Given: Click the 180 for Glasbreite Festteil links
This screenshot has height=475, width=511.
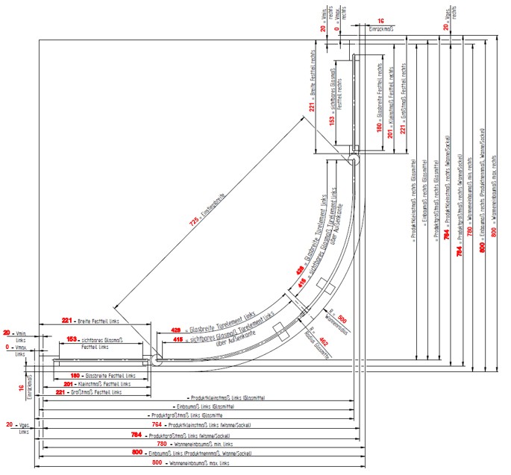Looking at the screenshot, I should pyautogui.click(x=75, y=375).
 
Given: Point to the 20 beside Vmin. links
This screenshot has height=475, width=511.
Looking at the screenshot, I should pyautogui.click(x=9, y=333).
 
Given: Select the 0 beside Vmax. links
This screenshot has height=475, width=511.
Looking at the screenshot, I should pyautogui.click(x=10, y=347).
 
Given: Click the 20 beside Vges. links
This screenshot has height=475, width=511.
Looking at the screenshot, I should pyautogui.click(x=9, y=425).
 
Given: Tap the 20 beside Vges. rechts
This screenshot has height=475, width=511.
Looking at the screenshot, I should pyautogui.click(x=446, y=24).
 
